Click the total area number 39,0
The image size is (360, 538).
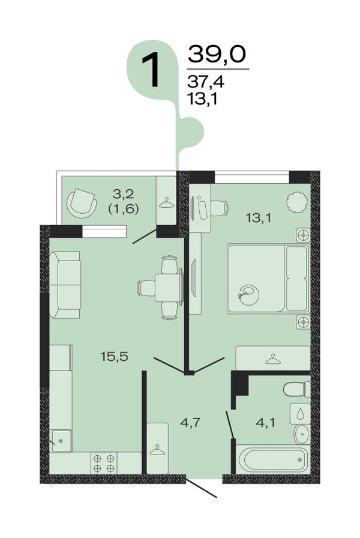click(217, 54)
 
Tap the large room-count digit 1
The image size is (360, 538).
click(151, 70)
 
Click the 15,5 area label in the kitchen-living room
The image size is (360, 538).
click(114, 357)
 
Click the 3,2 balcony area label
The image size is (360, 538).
click(123, 194)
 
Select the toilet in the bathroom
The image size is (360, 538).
click(297, 389)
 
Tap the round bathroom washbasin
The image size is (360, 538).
click(302, 434)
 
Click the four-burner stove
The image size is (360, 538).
click(104, 463)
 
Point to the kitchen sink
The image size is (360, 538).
click(61, 441)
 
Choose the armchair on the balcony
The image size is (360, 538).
click(81, 203)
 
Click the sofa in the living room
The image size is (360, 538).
click(65, 285)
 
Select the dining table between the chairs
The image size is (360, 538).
click(169, 288)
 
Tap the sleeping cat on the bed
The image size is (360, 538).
click(248, 295)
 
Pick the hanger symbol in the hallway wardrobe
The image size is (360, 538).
click(157, 450)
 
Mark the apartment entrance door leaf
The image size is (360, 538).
click(202, 488)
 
